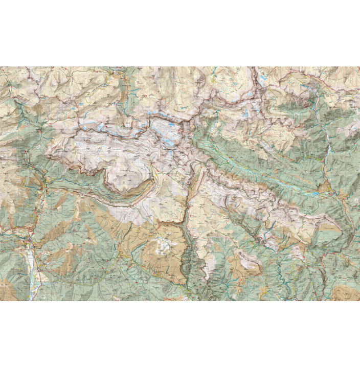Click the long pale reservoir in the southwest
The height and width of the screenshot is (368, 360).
32,266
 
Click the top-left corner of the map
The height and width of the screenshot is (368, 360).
1,67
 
